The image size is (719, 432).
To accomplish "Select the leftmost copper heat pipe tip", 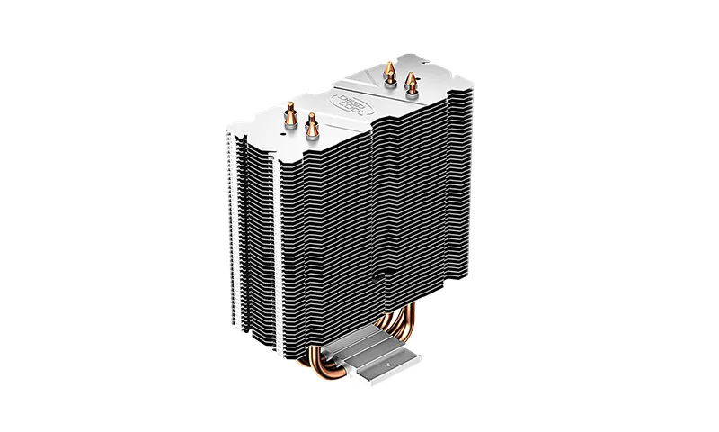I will [x=292, y=113].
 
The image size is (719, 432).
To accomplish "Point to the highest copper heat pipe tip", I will [x=389, y=70].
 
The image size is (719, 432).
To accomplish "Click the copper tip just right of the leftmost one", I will [x=311, y=125].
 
